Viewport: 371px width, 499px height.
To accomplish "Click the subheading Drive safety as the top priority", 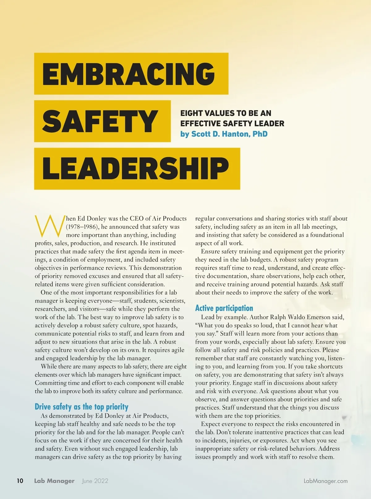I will pyautogui.click(x=81, y=407).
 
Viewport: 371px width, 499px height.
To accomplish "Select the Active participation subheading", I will pyautogui.click(x=224, y=308).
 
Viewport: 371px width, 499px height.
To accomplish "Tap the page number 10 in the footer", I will pyautogui.click(x=20, y=481).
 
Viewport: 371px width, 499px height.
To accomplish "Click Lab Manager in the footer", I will pyautogui.click(x=54, y=481).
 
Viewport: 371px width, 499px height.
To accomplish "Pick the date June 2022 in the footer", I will pyautogui.click(x=95, y=481).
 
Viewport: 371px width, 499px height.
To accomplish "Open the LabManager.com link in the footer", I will pyautogui.click(x=326, y=481).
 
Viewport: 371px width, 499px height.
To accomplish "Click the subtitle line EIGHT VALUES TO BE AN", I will pyautogui.click(x=226, y=113).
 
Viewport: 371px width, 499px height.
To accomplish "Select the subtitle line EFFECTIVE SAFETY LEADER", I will pyautogui.click(x=232, y=124).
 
